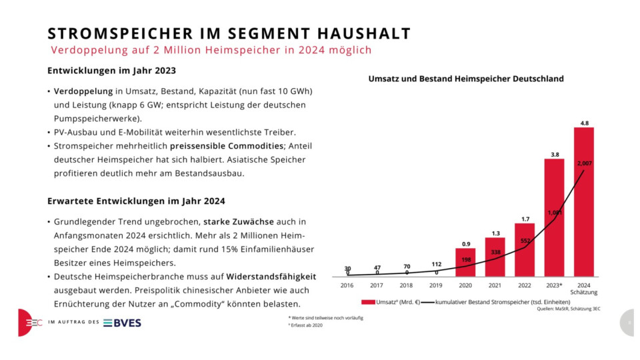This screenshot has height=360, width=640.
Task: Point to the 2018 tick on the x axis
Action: [406, 285]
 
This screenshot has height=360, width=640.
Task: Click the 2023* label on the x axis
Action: [554, 285]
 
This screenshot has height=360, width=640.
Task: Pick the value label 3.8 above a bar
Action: [554, 154]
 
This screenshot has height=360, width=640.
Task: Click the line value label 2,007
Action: [584, 163]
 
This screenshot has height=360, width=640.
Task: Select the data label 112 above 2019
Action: [436, 263]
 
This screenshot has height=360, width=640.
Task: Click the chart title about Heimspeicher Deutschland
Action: [466, 79]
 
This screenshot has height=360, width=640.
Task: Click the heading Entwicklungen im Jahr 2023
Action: [111, 71]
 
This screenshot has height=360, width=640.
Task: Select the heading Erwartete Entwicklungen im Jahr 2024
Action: [136, 201]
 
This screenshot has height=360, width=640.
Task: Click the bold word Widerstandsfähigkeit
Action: [271, 276]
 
